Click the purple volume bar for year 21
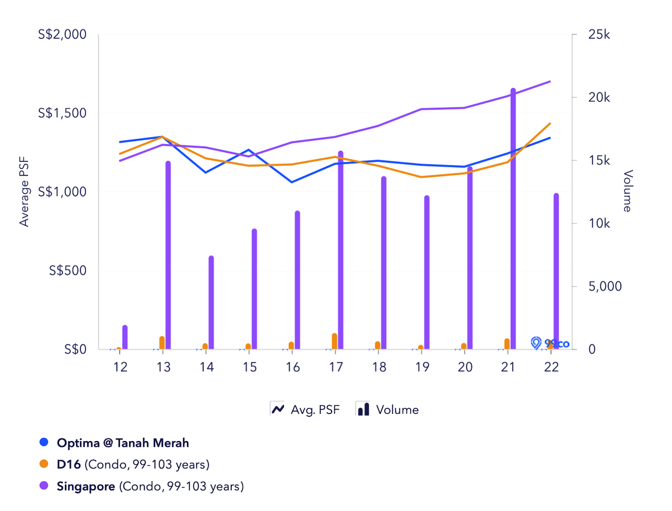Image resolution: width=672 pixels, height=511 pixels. (513, 218)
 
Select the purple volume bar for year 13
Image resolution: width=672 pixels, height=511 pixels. (168, 255)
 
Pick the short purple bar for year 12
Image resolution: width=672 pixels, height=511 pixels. (125, 337)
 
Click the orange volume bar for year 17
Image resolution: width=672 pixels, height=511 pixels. (334, 341)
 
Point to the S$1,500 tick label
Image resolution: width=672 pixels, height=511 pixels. (62, 113)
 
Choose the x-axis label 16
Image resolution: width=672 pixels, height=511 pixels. (292, 367)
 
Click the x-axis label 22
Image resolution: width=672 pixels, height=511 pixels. (551, 367)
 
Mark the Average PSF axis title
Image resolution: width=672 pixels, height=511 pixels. (24, 192)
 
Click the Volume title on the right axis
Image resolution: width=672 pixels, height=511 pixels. (627, 191)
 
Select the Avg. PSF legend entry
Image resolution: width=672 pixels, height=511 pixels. (305, 409)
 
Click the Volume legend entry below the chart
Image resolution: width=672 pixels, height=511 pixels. (388, 409)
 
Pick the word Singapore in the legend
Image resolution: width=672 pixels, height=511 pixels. (86, 486)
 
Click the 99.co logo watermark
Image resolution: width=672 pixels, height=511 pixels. (549, 343)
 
